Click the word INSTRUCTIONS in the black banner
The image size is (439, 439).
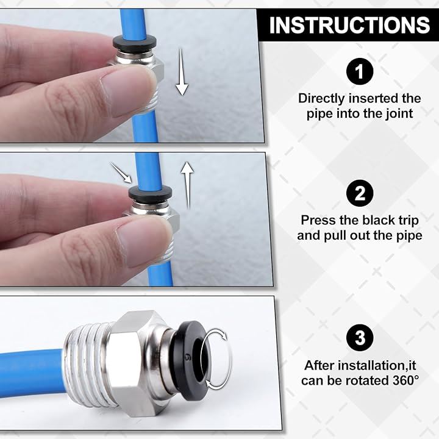coord(349,25)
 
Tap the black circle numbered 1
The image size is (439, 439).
coord(360,71)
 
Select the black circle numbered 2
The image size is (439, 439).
coord(360,193)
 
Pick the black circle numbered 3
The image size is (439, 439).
coord(360,337)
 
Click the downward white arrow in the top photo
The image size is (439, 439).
coord(182,72)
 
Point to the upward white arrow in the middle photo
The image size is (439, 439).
coord(187,185)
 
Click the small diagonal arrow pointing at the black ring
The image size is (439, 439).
coord(121,173)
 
